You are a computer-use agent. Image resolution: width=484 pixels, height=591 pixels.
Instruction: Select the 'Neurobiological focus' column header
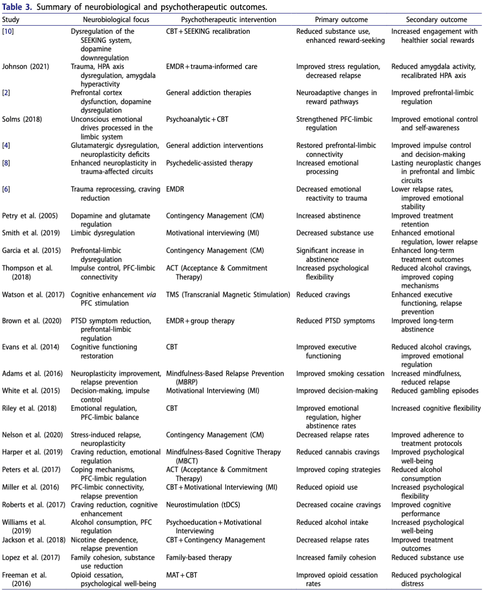(116, 20)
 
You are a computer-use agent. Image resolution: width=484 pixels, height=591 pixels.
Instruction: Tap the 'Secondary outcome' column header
(436, 20)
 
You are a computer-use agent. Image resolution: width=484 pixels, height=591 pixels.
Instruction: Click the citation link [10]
(8, 32)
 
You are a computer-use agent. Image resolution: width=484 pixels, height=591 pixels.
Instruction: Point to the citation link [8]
(6, 163)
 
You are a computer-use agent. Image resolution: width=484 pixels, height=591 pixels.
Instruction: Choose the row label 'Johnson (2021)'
(26, 67)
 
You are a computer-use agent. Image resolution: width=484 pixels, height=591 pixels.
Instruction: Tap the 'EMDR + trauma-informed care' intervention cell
(211, 67)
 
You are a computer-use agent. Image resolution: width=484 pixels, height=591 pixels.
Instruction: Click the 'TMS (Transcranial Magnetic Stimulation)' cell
(228, 295)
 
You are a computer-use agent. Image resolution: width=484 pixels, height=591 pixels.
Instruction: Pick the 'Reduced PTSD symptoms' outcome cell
(335, 321)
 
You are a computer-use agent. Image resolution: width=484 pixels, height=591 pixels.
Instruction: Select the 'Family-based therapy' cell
(199, 558)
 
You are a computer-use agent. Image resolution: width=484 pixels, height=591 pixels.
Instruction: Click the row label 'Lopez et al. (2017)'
(31, 558)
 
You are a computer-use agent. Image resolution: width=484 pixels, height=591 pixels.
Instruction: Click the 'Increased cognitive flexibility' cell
(436, 409)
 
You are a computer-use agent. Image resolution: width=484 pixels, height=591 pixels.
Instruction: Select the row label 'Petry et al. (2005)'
(30, 216)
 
